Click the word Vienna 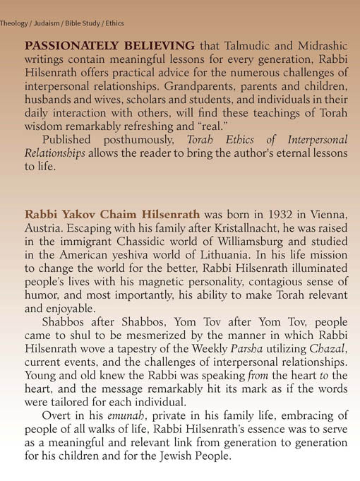click(328, 214)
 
